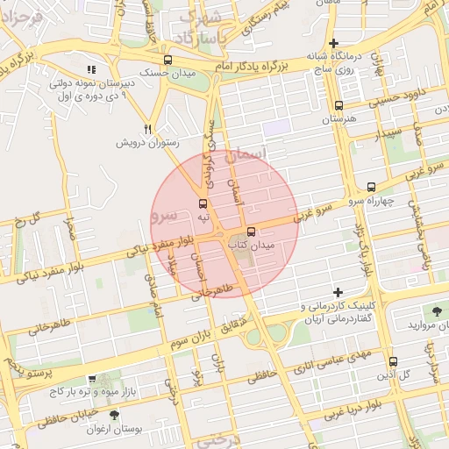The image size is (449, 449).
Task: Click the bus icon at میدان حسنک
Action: click(168, 61)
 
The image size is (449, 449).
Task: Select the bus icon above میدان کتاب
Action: click(252, 232)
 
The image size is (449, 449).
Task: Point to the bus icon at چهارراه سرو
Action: click(372, 187)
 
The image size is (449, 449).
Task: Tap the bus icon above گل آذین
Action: click(393, 360)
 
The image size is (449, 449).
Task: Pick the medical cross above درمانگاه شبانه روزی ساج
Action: click(332, 43)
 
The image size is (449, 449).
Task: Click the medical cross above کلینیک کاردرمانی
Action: click(339, 292)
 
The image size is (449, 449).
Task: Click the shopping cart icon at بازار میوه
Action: click(91, 379)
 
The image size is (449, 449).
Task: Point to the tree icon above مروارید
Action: click(436, 310)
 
